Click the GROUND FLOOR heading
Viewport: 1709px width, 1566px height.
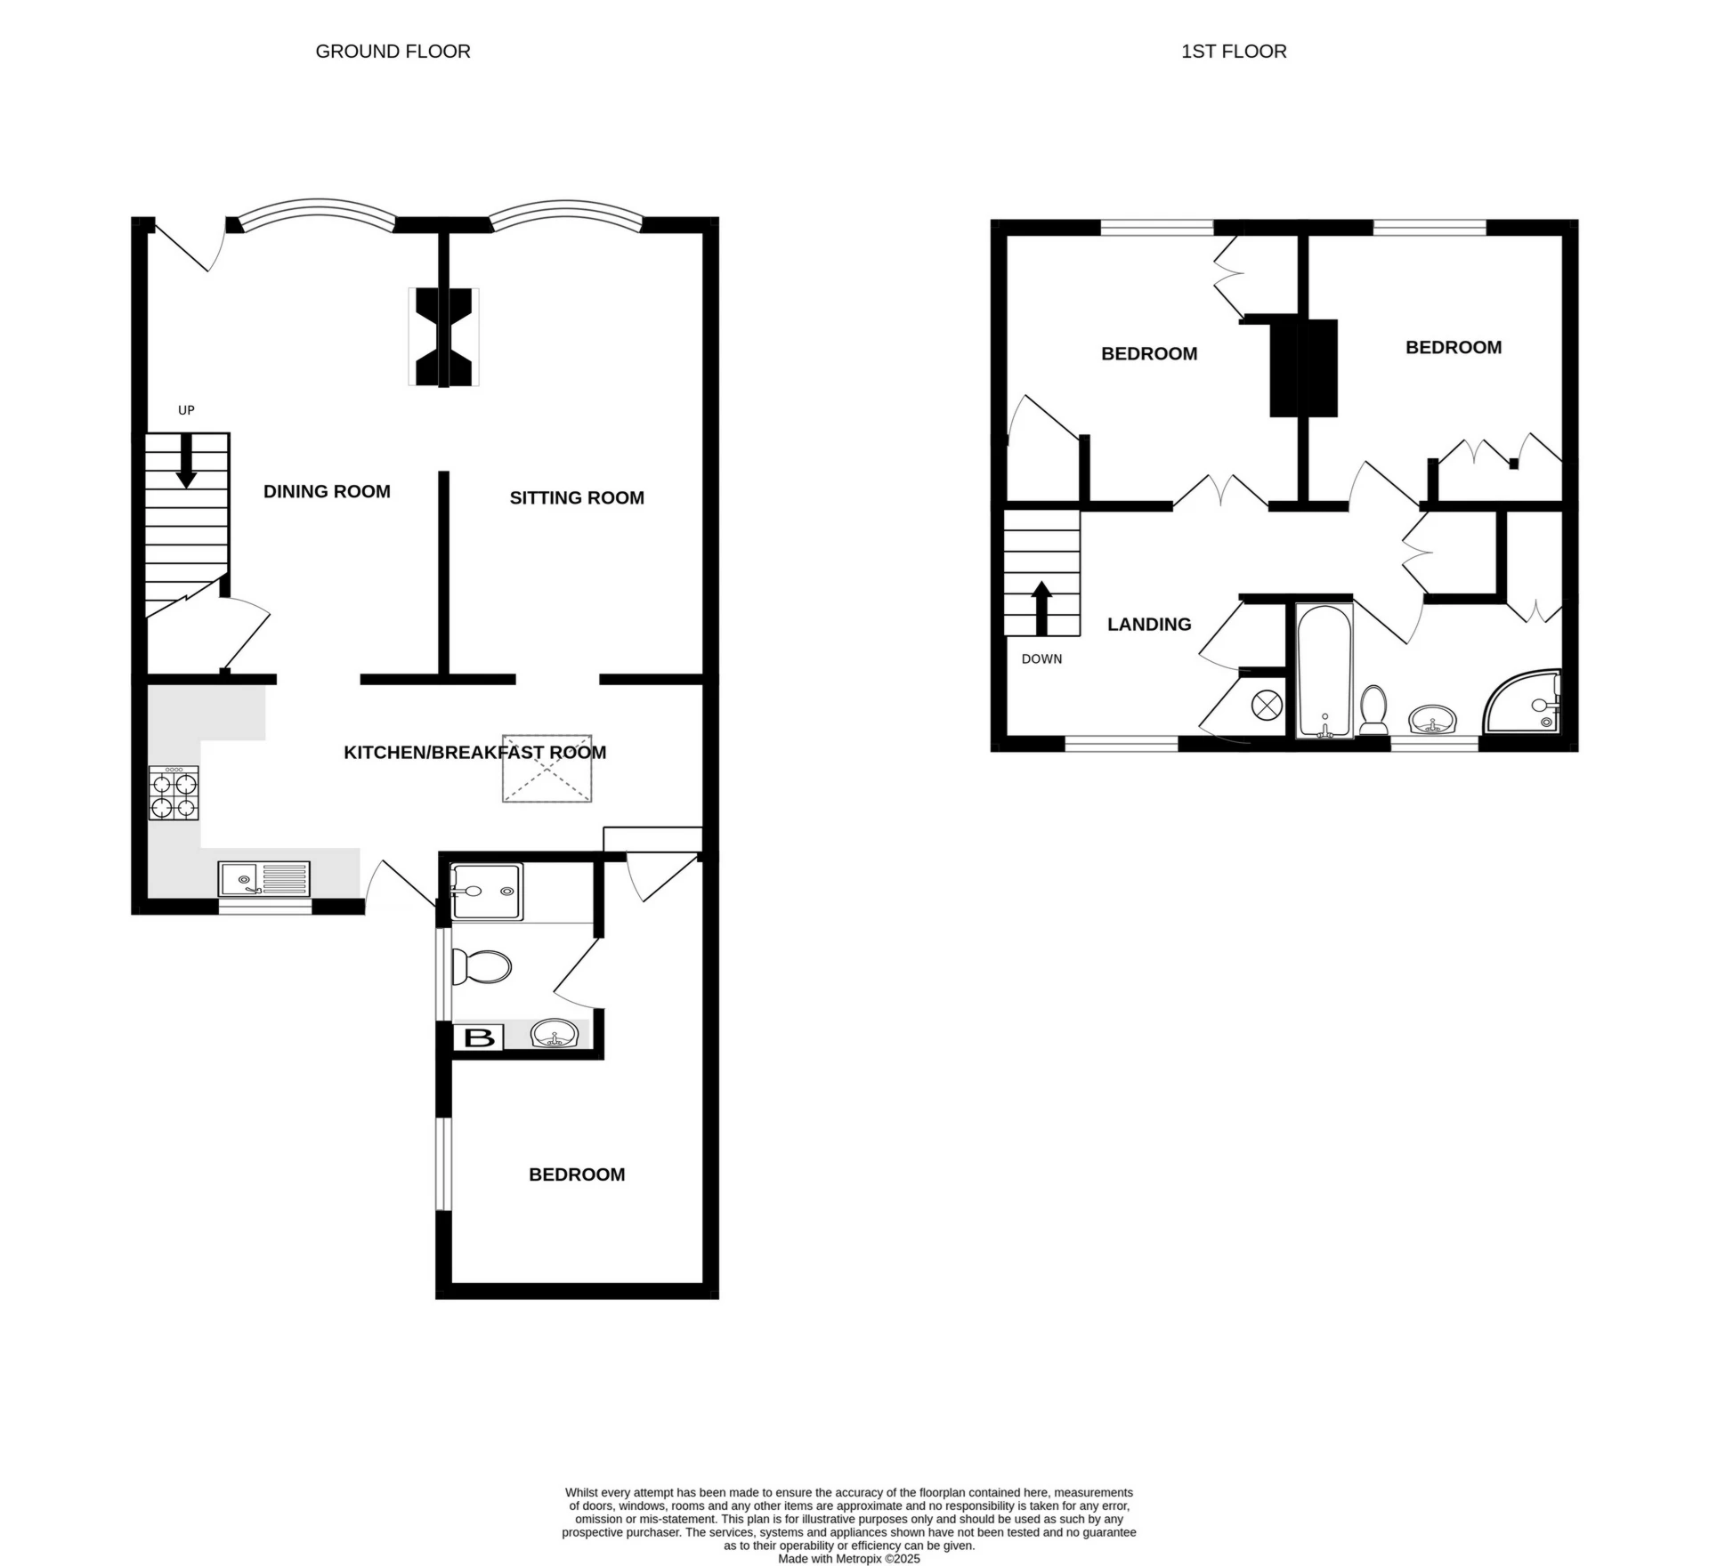tap(393, 52)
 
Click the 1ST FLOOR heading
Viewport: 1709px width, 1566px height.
tap(1233, 52)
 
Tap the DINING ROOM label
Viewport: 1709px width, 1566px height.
tap(327, 491)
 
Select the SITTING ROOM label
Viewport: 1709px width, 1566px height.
tap(576, 497)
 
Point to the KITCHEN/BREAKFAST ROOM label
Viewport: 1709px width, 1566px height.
tap(474, 753)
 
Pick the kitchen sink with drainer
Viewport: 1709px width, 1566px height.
tap(263, 878)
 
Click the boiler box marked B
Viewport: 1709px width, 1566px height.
tap(479, 1037)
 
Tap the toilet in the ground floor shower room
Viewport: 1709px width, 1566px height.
tap(481, 966)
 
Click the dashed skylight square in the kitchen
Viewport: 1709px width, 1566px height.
tap(547, 769)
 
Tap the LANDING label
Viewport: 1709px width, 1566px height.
tap(1148, 625)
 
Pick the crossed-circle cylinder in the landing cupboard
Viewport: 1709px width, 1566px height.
tap(1266, 706)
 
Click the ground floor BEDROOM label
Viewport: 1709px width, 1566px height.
tap(576, 1174)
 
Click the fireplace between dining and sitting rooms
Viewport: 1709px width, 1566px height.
tap(443, 337)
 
